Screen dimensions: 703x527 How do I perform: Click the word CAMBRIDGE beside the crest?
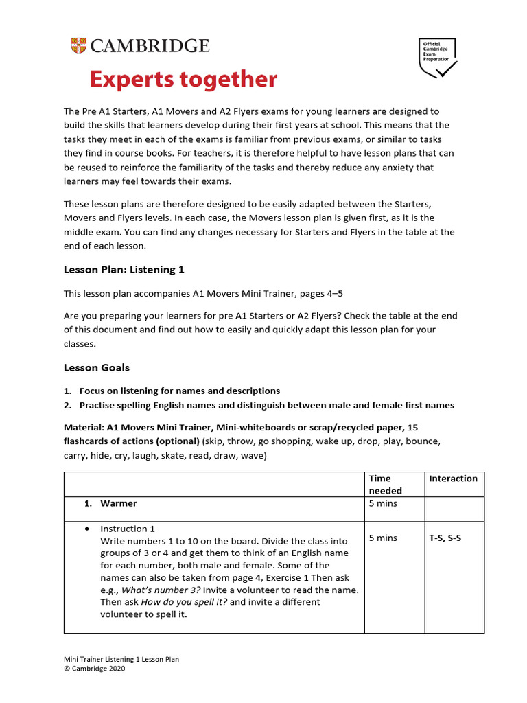[x=148, y=46]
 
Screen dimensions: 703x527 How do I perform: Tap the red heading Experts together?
[x=183, y=80]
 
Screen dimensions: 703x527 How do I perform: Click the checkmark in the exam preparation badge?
[x=445, y=69]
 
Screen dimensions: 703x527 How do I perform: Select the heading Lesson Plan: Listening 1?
[x=124, y=270]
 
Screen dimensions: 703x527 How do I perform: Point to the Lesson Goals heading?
[x=96, y=368]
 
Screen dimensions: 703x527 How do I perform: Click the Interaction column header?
[x=453, y=479]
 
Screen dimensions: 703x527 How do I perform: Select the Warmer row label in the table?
[x=118, y=503]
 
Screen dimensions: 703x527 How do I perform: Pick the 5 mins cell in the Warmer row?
[x=383, y=503]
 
